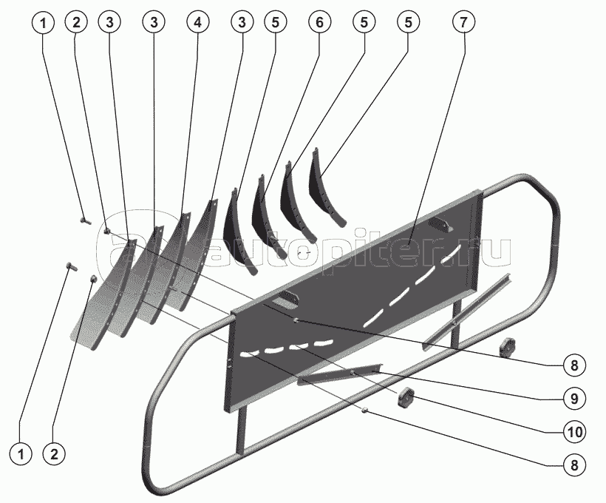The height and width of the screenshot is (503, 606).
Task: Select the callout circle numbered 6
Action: [319, 23]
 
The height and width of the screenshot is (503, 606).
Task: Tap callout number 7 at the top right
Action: [463, 23]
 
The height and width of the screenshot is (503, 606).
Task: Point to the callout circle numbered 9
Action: [573, 397]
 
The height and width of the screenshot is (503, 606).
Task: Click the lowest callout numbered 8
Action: [573, 465]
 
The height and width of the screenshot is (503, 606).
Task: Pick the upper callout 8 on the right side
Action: [573, 365]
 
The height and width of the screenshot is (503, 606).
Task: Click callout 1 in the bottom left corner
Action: [22, 453]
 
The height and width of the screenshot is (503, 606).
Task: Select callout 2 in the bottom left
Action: [52, 453]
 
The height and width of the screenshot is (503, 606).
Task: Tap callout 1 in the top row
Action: [44, 23]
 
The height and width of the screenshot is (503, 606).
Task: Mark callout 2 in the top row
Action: [75, 23]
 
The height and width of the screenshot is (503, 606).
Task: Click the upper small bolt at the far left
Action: [84, 219]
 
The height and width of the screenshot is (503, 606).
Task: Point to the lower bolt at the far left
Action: [71, 265]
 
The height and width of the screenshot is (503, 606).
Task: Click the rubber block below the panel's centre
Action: [406, 398]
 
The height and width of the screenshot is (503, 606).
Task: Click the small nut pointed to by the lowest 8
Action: [365, 411]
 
